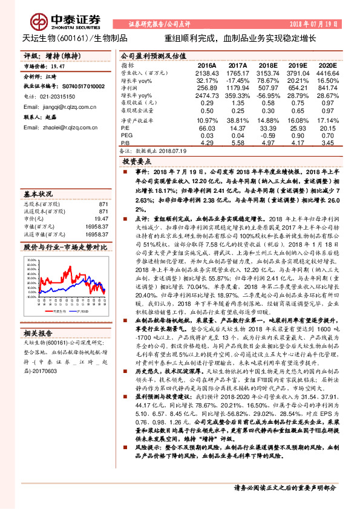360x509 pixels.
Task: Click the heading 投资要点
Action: click(x=136, y=163)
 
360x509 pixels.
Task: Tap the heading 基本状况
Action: click(x=38, y=195)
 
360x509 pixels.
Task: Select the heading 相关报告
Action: click(x=38, y=333)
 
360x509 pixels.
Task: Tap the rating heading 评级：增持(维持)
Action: click(x=45, y=56)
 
